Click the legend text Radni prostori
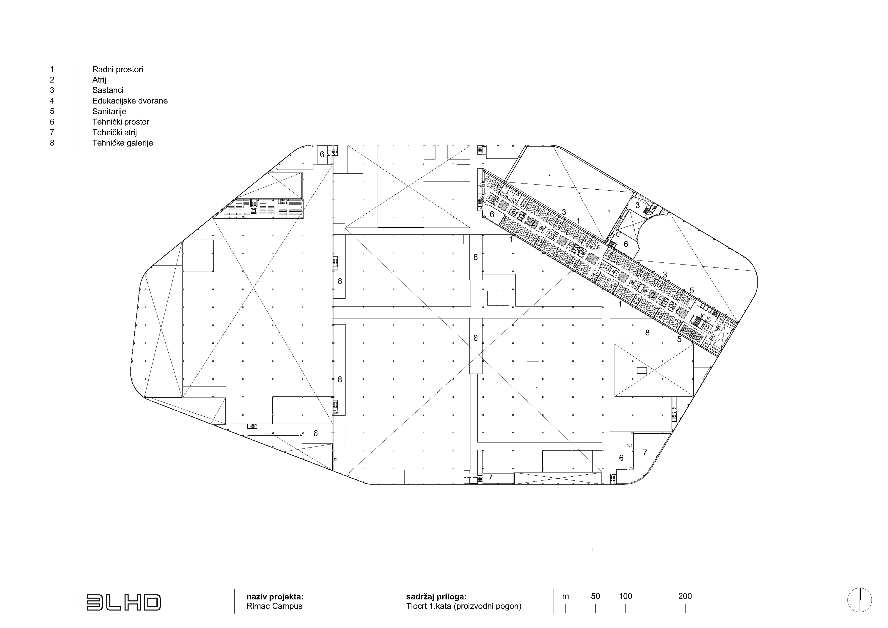point(118,70)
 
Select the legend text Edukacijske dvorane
point(130,101)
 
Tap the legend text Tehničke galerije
point(123,143)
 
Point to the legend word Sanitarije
point(109,111)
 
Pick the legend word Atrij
point(99,80)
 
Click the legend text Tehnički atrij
point(115,133)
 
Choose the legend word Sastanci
point(108,90)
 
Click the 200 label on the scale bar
point(685,596)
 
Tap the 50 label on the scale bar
point(596,596)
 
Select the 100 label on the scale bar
point(625,596)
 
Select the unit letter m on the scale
point(565,597)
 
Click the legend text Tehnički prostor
point(121,122)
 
